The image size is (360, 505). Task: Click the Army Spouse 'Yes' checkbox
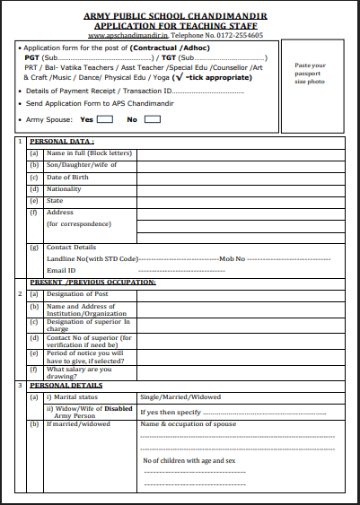point(104,118)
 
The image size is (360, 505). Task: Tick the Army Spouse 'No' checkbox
point(153,118)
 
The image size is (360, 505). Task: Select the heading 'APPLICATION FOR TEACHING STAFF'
point(182,26)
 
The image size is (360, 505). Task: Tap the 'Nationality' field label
point(66,188)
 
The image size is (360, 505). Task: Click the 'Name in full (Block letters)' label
point(83,153)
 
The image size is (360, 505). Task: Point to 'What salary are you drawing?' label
point(79,371)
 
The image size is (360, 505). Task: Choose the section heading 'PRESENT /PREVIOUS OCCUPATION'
point(93,282)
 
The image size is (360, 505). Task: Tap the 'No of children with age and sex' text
point(189,460)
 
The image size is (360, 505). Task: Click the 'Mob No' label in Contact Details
point(233,258)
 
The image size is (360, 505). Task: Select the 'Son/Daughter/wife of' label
point(82,165)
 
